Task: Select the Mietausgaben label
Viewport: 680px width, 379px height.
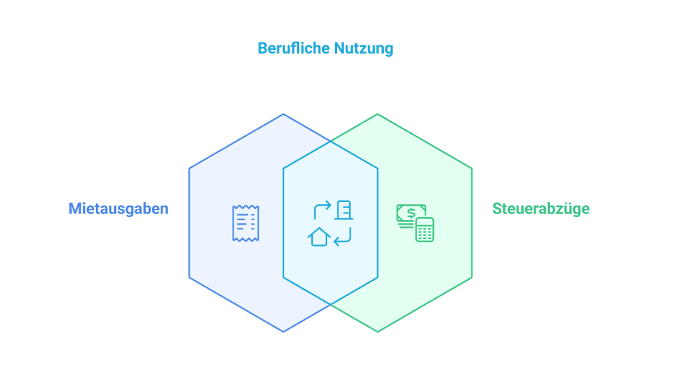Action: click(x=118, y=208)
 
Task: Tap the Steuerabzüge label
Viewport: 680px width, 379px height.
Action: click(x=541, y=208)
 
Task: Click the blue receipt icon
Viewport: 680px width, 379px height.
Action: click(x=246, y=223)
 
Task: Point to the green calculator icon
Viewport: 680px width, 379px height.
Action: click(x=425, y=229)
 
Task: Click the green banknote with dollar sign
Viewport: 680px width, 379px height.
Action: click(x=411, y=214)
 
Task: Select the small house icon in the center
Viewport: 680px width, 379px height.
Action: click(x=320, y=237)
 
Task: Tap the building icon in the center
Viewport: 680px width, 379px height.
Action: click(x=345, y=210)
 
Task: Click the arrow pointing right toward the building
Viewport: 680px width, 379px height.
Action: click(x=322, y=208)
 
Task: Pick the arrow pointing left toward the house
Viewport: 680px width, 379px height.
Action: click(x=342, y=238)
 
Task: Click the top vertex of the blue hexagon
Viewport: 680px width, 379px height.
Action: click(x=283, y=114)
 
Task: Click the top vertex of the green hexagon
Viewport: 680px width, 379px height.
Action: click(x=378, y=114)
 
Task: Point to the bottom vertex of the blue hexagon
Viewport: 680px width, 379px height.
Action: click(x=283, y=331)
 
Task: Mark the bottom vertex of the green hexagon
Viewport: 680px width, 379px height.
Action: click(x=378, y=331)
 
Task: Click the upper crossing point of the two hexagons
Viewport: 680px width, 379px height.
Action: click(x=330, y=141)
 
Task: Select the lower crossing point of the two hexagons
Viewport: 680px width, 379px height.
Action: click(x=330, y=304)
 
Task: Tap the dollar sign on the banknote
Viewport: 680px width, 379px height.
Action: click(x=411, y=212)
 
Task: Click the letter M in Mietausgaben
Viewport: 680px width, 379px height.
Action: click(x=74, y=208)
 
